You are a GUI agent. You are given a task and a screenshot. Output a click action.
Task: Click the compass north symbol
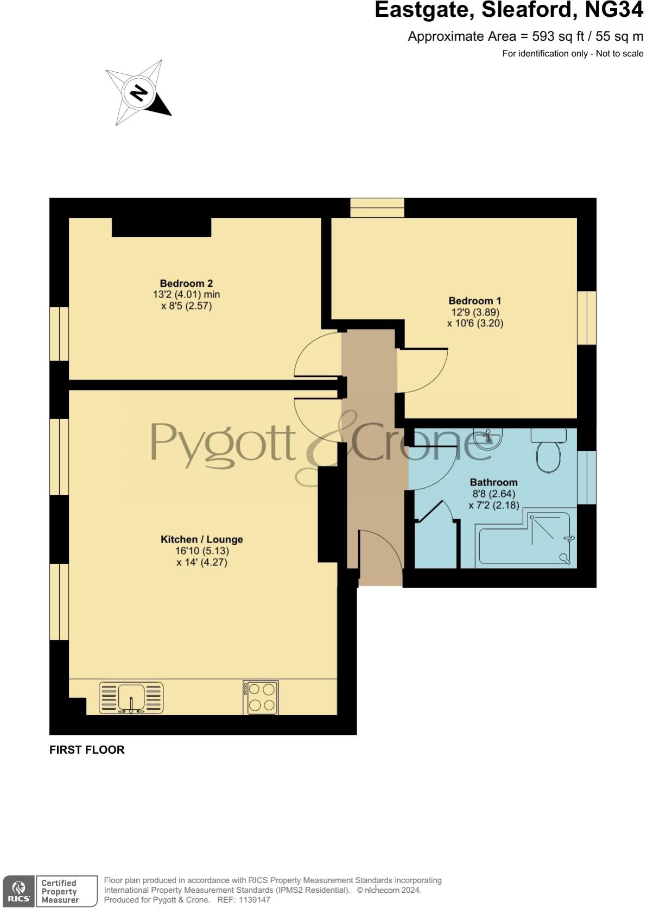click(x=139, y=93)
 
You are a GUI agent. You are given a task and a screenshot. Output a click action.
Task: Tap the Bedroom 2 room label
click(x=186, y=283)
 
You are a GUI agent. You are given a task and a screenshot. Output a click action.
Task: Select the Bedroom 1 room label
click(x=475, y=300)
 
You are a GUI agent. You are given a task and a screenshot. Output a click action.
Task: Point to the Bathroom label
click(x=493, y=482)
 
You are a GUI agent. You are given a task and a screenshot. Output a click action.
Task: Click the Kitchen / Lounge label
click(x=201, y=539)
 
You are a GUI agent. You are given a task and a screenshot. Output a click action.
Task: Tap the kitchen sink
click(x=131, y=697)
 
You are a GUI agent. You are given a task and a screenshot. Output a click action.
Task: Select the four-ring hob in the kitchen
click(x=261, y=697)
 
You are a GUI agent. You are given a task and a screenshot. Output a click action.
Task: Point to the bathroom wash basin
click(x=488, y=438)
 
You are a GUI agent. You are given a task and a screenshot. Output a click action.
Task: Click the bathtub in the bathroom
click(x=525, y=540)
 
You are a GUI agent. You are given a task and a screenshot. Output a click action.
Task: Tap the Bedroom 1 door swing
click(x=422, y=370)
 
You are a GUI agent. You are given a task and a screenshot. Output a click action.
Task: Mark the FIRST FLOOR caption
click(x=87, y=749)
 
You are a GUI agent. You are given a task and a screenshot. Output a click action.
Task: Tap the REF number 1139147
click(x=251, y=900)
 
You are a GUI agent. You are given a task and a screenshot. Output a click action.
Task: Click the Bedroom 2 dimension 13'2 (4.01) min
click(x=186, y=295)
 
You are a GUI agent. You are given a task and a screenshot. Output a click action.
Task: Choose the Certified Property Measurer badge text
click(x=60, y=891)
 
